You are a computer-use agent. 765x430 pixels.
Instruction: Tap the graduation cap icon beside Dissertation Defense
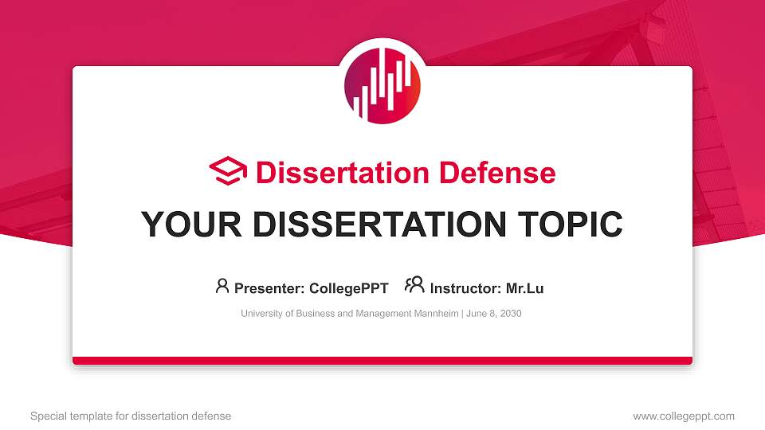228,172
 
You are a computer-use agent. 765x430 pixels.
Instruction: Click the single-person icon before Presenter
222,286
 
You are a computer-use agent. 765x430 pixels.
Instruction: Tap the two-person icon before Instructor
414,286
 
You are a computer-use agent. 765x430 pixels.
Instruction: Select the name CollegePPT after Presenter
348,288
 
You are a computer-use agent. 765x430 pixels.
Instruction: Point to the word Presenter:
269,288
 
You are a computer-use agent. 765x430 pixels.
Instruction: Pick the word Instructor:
465,288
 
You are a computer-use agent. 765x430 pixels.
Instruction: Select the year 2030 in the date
510,314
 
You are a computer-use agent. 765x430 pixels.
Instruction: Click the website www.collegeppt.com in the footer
684,416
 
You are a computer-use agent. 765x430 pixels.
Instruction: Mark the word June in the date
476,314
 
